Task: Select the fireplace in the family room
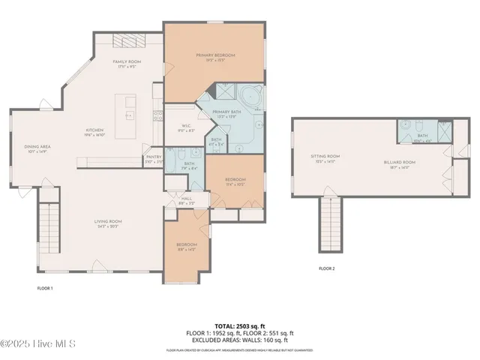pos(124,41)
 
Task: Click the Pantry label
pos(153,158)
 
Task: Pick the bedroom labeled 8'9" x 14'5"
pos(186,247)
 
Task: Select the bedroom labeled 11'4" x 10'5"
pos(235,182)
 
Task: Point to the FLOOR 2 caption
pos(326,268)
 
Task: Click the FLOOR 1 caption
pos(45,287)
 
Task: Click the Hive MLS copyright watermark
pos(39,343)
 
